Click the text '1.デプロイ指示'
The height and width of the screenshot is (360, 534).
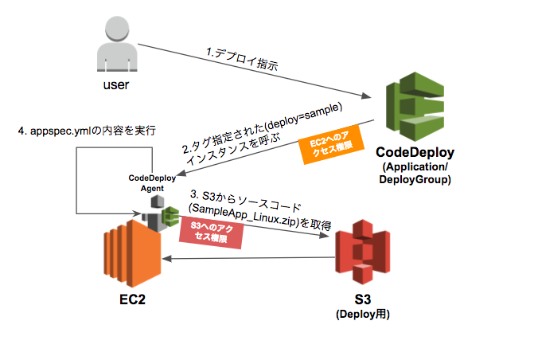(244, 57)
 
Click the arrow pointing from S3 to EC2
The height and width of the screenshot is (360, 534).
(247, 257)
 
